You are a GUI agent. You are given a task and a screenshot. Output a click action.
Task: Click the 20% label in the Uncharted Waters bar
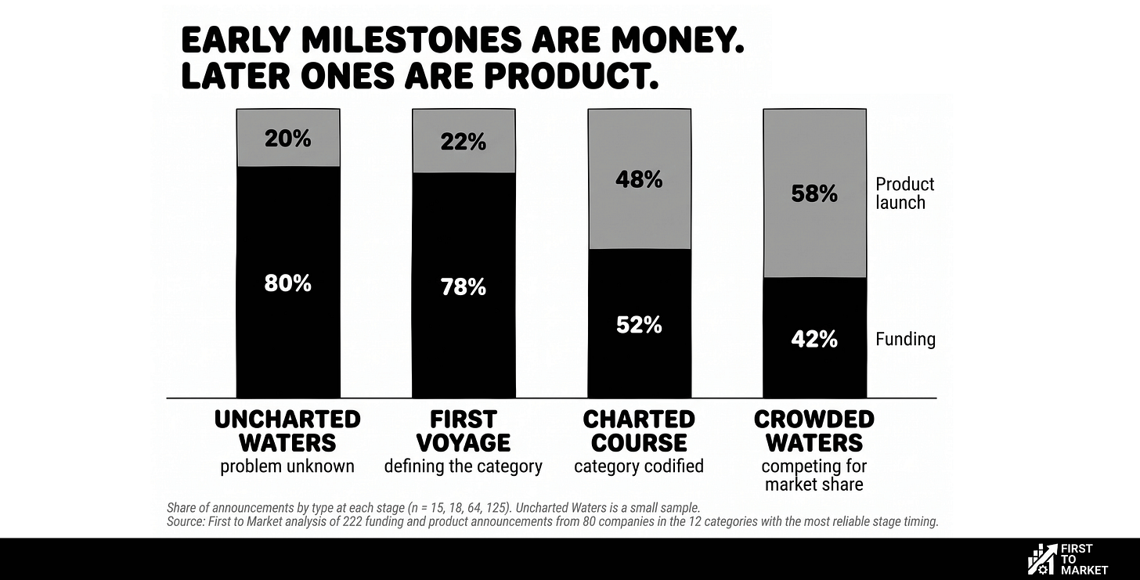click(287, 139)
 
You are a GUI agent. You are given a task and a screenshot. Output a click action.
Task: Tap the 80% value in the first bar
click(287, 283)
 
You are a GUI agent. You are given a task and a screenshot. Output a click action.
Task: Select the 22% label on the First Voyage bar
click(464, 142)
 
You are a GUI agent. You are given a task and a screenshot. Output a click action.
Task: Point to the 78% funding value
click(464, 287)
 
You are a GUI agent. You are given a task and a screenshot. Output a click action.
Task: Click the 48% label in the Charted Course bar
click(639, 179)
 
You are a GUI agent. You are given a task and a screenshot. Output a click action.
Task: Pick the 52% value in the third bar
click(639, 325)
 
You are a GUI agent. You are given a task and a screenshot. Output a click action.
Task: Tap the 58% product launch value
click(814, 194)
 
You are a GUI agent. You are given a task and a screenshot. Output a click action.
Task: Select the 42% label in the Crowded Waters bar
click(814, 339)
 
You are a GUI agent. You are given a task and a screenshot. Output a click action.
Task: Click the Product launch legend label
click(905, 193)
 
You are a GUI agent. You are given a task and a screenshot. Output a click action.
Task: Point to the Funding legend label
click(905, 339)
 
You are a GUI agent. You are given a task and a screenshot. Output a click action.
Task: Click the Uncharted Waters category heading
click(287, 431)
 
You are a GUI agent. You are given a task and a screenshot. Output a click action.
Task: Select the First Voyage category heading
click(464, 431)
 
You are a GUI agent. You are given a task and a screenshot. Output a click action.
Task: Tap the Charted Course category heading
click(639, 431)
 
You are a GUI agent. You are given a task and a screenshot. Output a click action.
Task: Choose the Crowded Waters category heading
click(814, 431)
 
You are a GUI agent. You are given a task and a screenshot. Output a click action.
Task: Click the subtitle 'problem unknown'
click(287, 467)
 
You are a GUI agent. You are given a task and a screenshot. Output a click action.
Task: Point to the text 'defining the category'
click(464, 467)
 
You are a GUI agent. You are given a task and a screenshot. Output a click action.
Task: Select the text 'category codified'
click(639, 467)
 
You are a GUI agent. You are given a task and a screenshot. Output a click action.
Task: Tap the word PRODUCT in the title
click(571, 77)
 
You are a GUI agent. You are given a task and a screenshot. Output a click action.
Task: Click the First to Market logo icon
click(1041, 558)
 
